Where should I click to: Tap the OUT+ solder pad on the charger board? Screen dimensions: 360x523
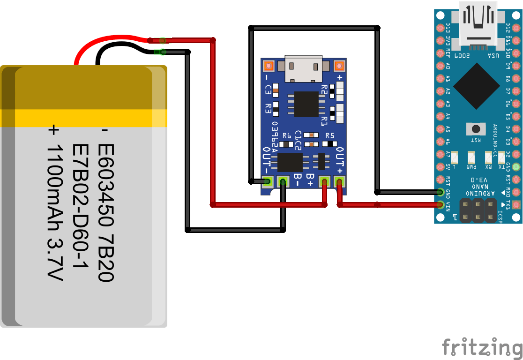point(339,181)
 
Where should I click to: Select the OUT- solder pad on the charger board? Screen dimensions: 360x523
point(268,181)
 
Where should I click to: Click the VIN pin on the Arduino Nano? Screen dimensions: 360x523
point(440,204)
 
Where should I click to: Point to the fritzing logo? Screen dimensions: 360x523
point(482,347)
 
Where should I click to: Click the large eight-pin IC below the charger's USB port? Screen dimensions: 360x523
point(306,104)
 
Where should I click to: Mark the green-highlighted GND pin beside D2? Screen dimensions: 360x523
point(516,166)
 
